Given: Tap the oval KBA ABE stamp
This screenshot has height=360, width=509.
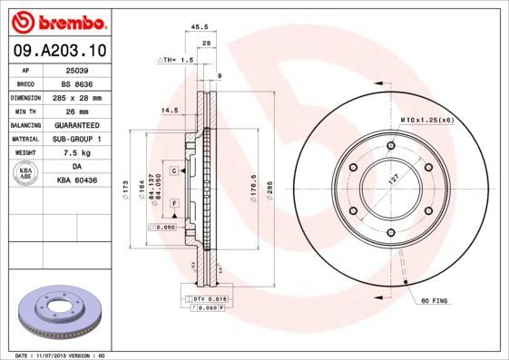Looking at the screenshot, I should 24,174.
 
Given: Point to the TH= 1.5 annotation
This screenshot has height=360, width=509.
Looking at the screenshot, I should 178,60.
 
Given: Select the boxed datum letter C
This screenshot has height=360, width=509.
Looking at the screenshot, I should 172,170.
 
